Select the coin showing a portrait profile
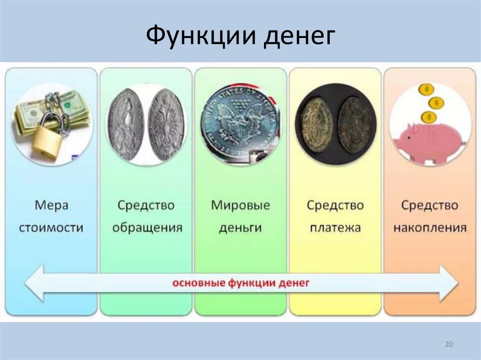[x=125, y=124]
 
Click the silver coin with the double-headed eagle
[x=166, y=124]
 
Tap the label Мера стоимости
[x=52, y=216]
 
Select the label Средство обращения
[x=146, y=216]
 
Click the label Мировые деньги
[x=240, y=216]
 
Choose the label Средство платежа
[x=335, y=216]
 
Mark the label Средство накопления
[x=430, y=216]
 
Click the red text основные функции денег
[x=240, y=283]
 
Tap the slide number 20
[x=448, y=345]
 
